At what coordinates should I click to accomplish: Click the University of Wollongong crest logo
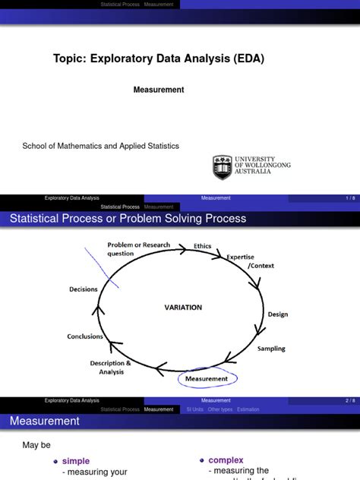coord(222,167)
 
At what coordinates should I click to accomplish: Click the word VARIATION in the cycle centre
coord(184,308)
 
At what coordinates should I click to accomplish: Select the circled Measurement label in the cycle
coord(206,378)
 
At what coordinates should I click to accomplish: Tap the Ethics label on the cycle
coord(203,246)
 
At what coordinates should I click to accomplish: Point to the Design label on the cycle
coord(277,314)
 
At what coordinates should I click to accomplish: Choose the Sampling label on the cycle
coord(271,349)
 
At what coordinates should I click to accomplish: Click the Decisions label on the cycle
coord(83,289)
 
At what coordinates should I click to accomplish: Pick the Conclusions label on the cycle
coord(85,336)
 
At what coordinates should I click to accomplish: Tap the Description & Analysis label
coord(111,367)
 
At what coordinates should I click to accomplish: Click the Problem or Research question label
coord(138,249)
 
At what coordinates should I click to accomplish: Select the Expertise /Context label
coord(241,261)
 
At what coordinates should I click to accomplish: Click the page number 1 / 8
coord(349,198)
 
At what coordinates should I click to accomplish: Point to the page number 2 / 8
coord(349,400)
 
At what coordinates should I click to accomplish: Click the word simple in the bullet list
coord(76,461)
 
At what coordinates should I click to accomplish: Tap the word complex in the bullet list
coord(226,460)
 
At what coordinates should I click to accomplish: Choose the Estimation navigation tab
coord(248,409)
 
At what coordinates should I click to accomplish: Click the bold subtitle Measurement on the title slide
coord(159,90)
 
